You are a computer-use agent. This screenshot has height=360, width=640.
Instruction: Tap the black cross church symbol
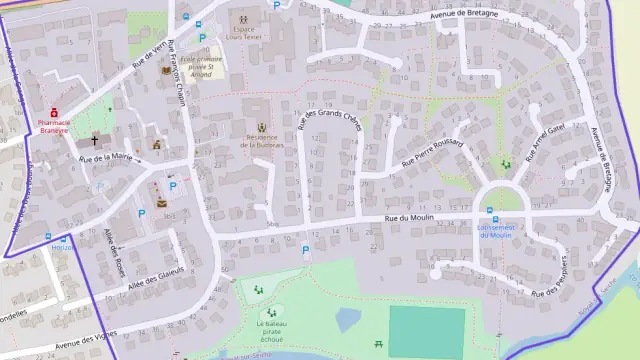(x=94, y=141)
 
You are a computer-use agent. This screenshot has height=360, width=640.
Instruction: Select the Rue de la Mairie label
(x=106, y=158)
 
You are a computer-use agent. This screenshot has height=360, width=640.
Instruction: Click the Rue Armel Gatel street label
(x=545, y=137)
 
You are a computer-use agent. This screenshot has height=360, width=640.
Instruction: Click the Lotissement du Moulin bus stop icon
(x=490, y=212)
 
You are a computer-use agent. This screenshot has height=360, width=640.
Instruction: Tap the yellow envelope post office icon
(x=161, y=204)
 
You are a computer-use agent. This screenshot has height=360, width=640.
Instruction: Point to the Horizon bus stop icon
(x=50, y=236)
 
